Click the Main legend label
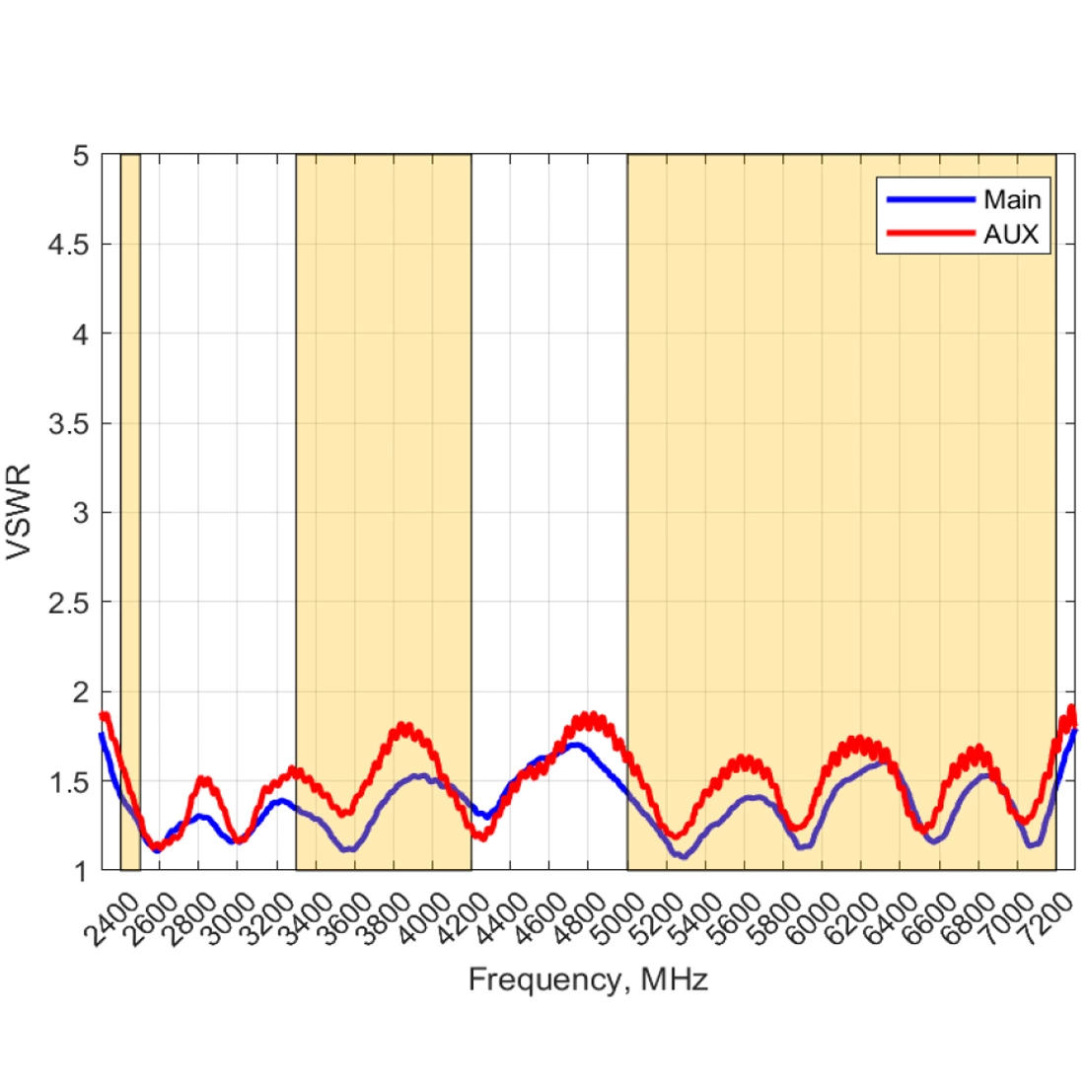(1011, 199)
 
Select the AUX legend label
(1010, 235)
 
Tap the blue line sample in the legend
(930, 199)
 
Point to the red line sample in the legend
(930, 234)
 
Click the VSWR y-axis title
(20, 512)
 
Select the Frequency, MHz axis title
(588, 979)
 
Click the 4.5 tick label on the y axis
(68, 245)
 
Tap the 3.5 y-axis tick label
(68, 424)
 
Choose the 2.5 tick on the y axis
(68, 603)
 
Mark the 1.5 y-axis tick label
(68, 781)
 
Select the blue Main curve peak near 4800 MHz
(575, 745)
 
